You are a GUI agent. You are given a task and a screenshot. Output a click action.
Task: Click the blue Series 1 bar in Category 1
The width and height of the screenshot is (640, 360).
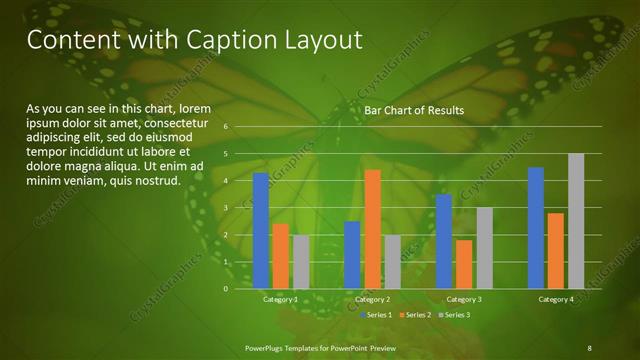(x=261, y=231)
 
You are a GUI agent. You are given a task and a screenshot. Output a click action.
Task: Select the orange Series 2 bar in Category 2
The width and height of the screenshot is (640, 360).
(x=372, y=229)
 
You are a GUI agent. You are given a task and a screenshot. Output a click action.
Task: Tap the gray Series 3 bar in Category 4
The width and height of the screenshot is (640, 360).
(x=576, y=221)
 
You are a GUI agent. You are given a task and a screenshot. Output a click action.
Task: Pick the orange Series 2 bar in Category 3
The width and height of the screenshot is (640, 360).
(x=464, y=264)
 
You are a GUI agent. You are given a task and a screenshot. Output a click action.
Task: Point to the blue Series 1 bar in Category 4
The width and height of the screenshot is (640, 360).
(x=536, y=228)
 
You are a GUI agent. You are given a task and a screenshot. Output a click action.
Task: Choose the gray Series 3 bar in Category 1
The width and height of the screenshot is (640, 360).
(x=301, y=262)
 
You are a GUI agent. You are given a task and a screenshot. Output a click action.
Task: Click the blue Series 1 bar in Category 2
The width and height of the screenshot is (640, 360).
(x=352, y=255)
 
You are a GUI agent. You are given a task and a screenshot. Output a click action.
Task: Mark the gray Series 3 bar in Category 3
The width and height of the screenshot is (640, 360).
(x=484, y=248)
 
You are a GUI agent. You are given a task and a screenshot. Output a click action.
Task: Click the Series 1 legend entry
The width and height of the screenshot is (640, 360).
(x=375, y=315)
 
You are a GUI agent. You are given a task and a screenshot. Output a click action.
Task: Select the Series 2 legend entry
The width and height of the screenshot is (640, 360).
(x=416, y=315)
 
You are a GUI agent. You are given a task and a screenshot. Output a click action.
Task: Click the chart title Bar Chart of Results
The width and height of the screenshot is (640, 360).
(x=413, y=110)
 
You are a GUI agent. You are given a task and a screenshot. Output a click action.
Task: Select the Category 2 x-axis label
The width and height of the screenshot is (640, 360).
(x=372, y=300)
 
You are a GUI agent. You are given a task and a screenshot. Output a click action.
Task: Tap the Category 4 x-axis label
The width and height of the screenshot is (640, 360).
(x=555, y=300)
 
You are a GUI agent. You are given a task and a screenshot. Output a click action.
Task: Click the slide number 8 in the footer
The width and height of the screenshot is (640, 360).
(x=589, y=347)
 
